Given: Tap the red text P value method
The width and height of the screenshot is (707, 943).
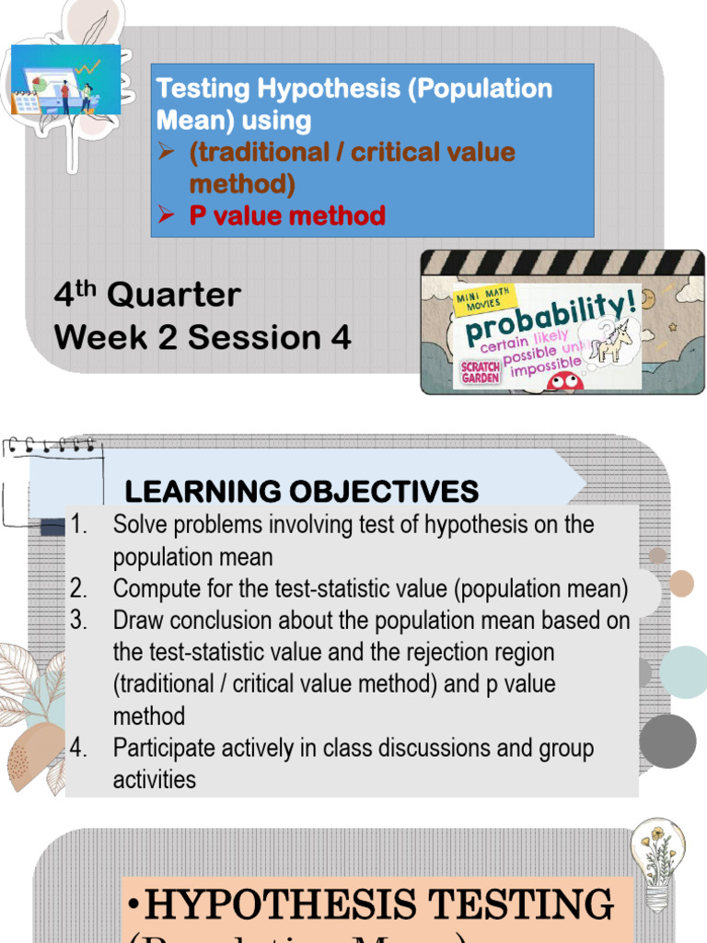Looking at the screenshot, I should coord(287,215).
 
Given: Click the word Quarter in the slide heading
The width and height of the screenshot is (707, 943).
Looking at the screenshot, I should coord(174,296).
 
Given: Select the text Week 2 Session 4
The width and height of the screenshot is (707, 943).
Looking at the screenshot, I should coord(203,338).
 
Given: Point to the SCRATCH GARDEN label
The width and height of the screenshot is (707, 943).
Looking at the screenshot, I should coord(480,372).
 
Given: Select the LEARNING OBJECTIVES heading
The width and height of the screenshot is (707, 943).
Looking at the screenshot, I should coord(301,491).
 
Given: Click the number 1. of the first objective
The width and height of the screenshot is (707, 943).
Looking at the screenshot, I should coord(78,525).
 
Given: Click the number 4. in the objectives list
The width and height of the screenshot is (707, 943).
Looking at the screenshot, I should coord(78,748).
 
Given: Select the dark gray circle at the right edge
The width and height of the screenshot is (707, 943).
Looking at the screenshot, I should coord(667,740).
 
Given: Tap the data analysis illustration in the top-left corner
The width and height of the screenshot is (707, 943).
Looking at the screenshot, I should coord(66,81).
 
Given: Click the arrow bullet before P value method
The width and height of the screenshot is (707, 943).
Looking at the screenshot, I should coord(166,215).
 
